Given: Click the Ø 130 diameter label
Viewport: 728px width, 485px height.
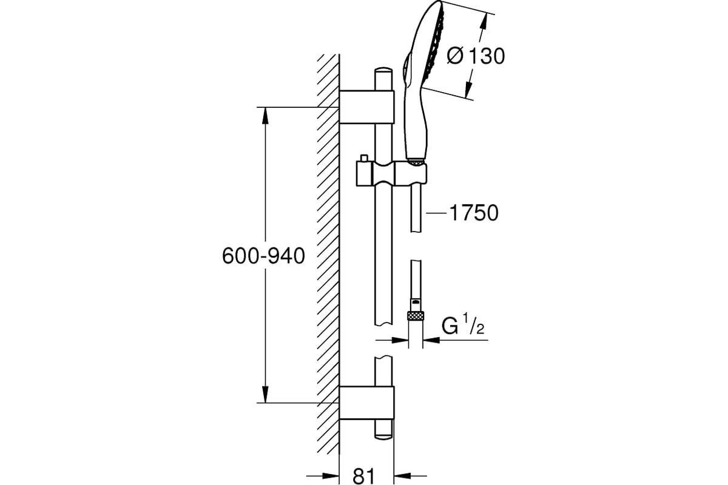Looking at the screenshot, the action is tap(476, 56).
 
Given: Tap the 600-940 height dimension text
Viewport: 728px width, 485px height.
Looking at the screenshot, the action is tap(263, 256).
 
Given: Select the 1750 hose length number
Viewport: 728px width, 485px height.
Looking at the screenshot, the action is tap(474, 213).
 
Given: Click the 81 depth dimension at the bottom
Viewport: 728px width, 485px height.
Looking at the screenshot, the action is tap(363, 477).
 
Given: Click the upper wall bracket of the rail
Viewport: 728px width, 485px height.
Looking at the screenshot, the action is tap(366, 107).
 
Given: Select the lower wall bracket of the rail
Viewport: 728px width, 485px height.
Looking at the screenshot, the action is tap(366, 403).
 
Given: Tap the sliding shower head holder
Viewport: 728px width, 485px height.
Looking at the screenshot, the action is tap(391, 173).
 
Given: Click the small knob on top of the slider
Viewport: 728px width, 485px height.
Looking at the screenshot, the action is tap(364, 158).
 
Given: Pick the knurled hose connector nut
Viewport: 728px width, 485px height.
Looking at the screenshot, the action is tap(416, 316).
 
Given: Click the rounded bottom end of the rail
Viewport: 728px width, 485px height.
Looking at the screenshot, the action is tap(383, 435).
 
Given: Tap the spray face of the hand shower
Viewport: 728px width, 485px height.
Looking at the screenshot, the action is tap(433, 45).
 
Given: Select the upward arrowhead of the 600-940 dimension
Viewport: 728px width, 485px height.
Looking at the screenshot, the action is tap(266, 116).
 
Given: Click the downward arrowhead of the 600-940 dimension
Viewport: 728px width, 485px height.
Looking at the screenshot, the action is tap(266, 395).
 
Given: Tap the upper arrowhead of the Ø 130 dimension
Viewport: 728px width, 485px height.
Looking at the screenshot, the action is tap(484, 21).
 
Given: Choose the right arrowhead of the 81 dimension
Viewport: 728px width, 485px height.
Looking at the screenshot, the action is tap(402, 476).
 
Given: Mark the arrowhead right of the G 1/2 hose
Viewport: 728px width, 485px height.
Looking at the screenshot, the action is tap(431, 340).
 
